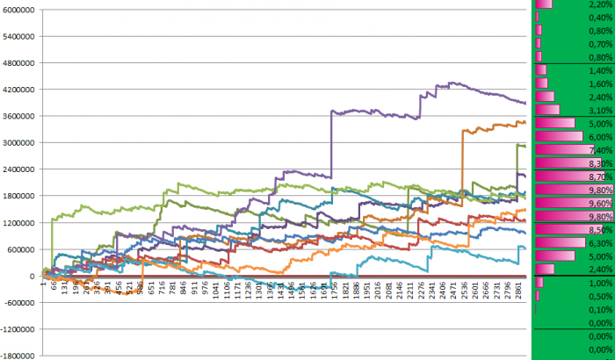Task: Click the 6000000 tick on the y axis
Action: point(19,11)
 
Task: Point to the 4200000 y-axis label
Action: point(19,90)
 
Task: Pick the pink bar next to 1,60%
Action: point(540,83)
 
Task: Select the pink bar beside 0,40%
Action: point(537,17)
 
